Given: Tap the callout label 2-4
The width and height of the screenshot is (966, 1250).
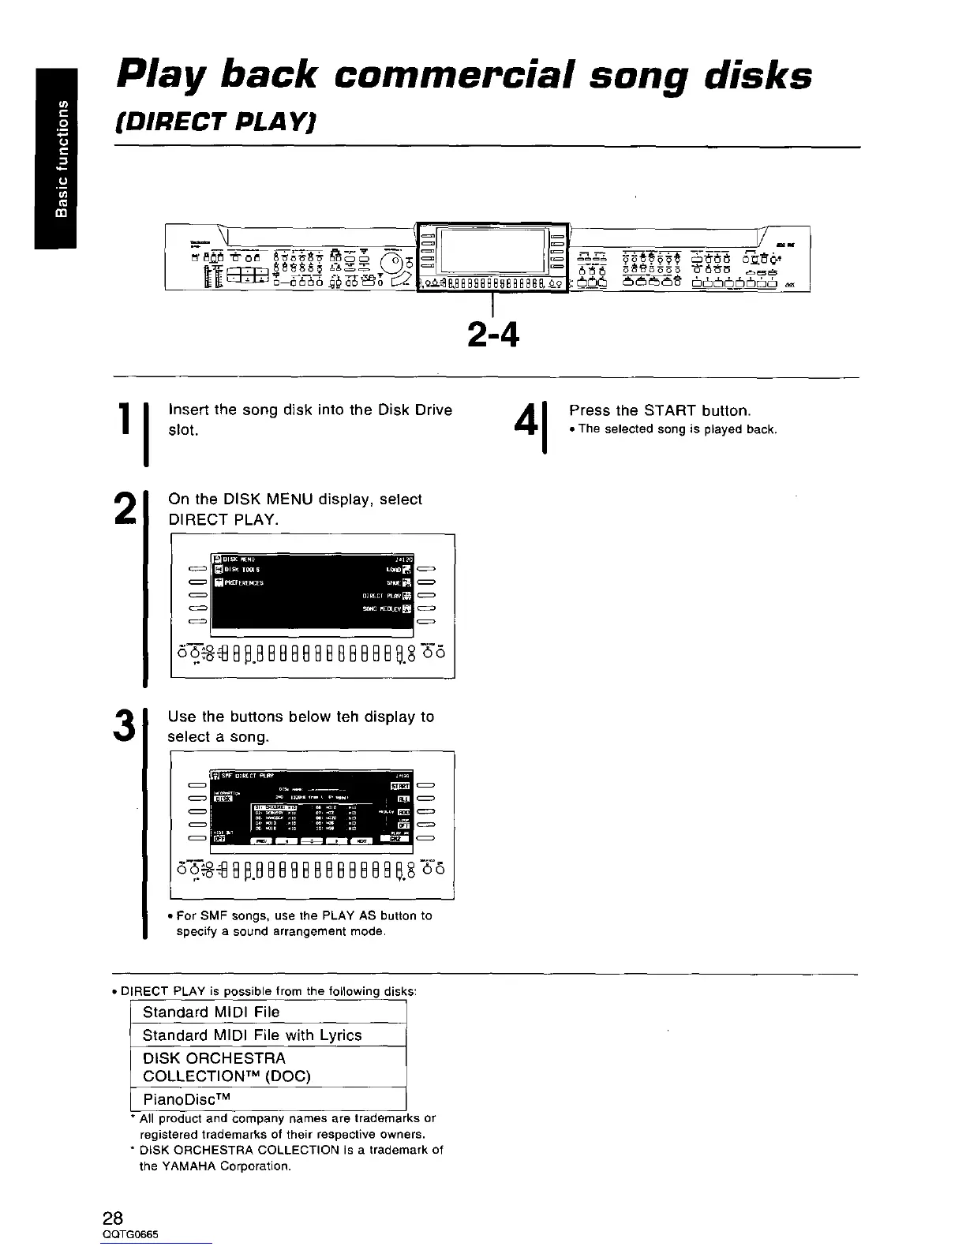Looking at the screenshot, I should pos(492,335).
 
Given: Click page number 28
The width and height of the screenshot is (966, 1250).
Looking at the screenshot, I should pos(112,1217).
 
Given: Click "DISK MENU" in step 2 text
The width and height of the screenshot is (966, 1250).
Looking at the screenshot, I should pos(260,500).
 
